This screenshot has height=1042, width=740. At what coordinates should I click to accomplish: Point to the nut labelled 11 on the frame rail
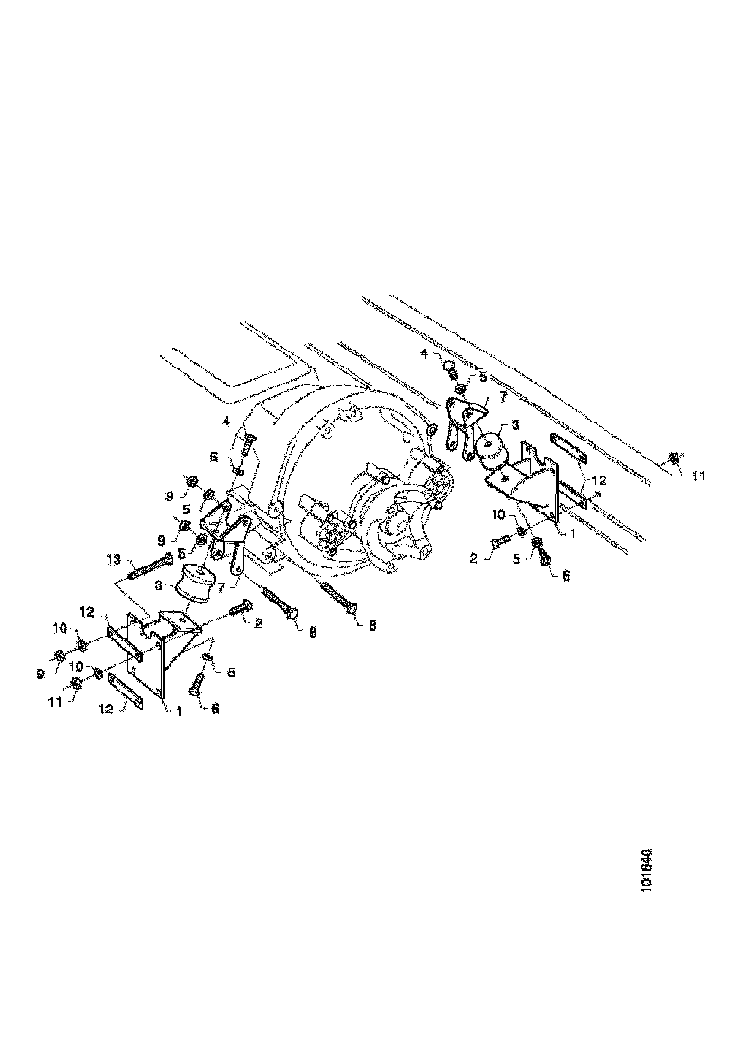click(x=674, y=458)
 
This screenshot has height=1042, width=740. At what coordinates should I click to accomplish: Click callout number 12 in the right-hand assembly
click(x=596, y=480)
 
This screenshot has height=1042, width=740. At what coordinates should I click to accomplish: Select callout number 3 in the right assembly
click(x=514, y=425)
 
